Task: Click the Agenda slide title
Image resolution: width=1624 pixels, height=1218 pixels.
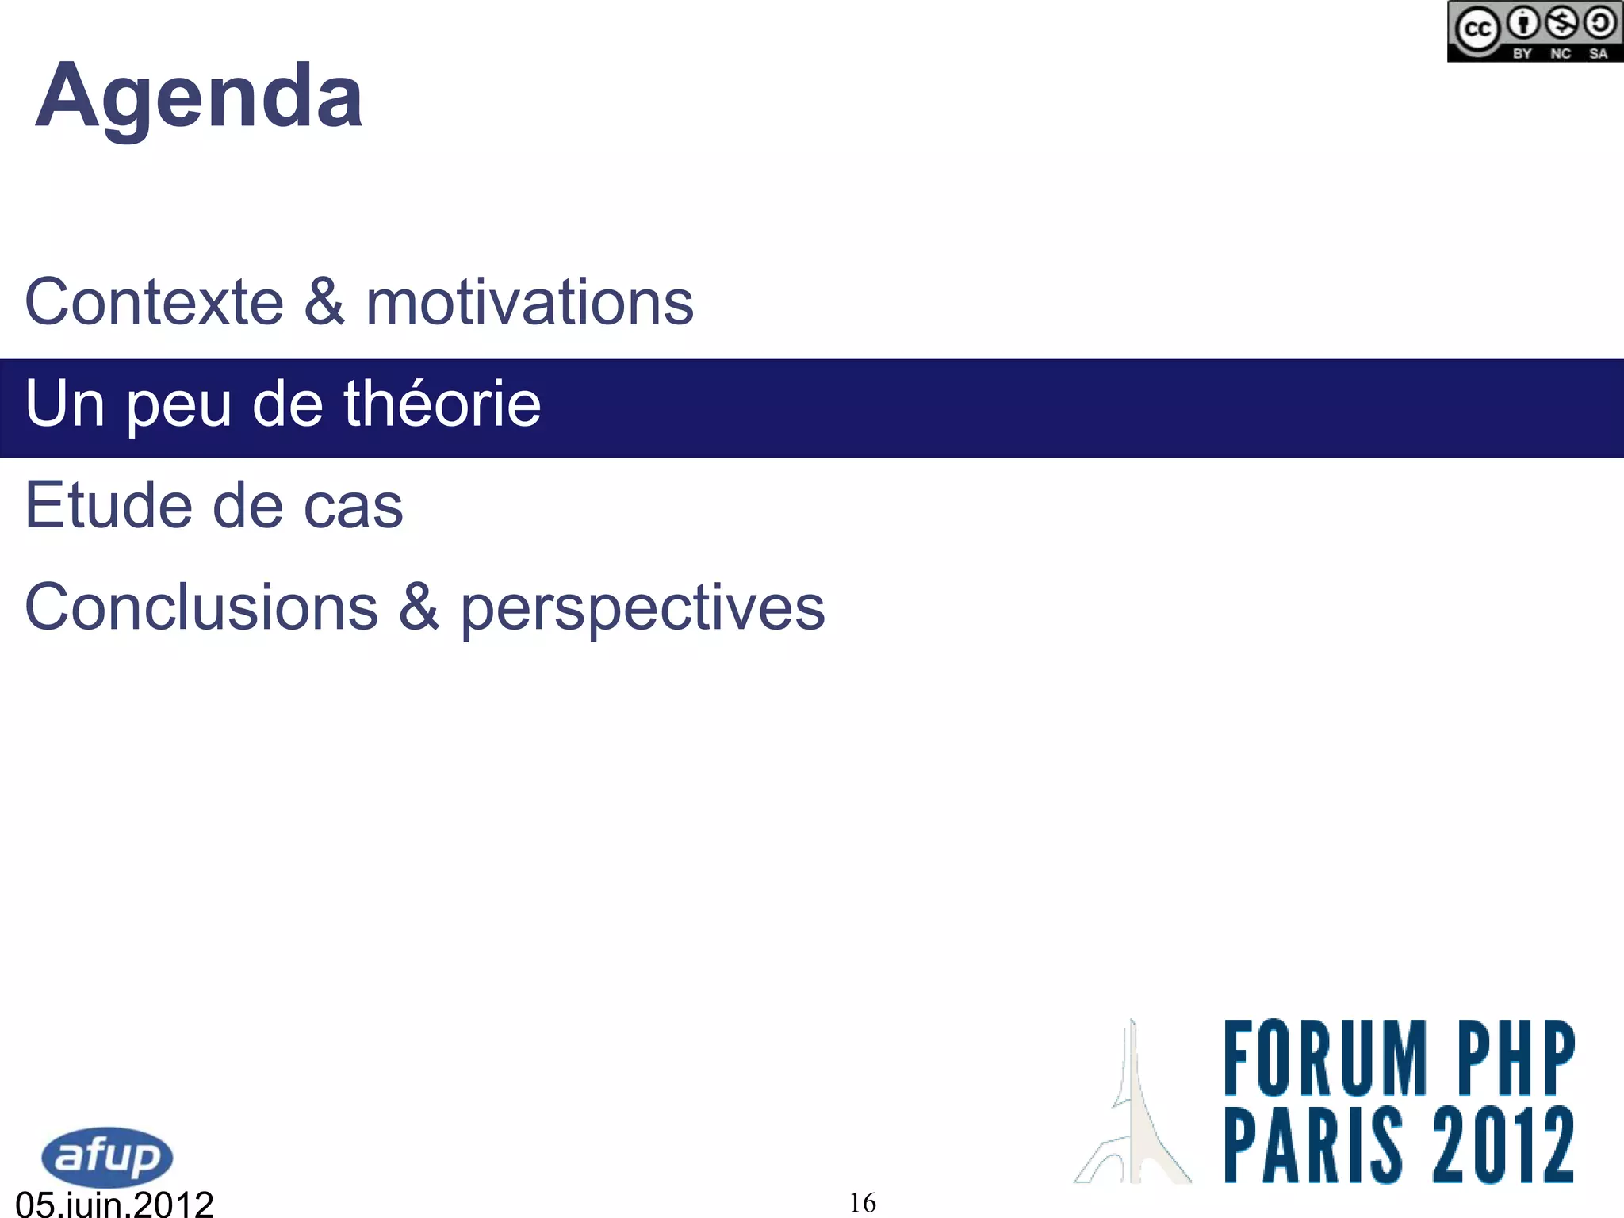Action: (x=199, y=97)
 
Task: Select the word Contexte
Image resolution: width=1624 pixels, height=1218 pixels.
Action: (x=155, y=302)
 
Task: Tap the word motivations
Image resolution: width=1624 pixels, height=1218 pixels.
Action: (x=530, y=302)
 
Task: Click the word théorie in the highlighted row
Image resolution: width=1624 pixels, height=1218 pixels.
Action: (x=442, y=404)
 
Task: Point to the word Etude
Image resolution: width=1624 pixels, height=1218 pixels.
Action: (x=109, y=505)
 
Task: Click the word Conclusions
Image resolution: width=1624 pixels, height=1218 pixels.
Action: (x=201, y=607)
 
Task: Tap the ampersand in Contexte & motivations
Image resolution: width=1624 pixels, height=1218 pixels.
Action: (x=324, y=302)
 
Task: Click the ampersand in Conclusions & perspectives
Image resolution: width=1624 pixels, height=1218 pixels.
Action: (x=419, y=607)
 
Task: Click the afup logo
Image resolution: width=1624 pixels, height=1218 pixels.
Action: (x=107, y=1156)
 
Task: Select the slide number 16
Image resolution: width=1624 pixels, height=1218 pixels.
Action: (x=863, y=1203)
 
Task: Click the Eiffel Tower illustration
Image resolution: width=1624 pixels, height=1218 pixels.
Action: (x=1133, y=1110)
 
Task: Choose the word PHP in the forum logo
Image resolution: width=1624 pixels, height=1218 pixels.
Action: (x=1515, y=1058)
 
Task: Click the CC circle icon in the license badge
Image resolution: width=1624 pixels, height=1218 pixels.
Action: (x=1477, y=29)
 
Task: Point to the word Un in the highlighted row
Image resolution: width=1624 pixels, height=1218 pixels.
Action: (x=65, y=404)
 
